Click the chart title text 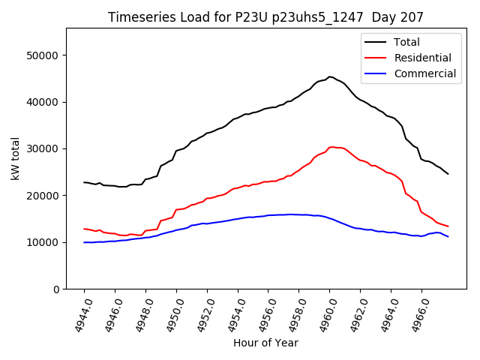(265, 17)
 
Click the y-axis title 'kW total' (16, 158)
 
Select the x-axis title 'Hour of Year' (265, 343)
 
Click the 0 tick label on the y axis (56, 289)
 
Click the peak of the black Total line (330, 76)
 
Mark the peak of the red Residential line (331, 147)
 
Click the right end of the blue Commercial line (448, 236)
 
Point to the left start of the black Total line (84, 182)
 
